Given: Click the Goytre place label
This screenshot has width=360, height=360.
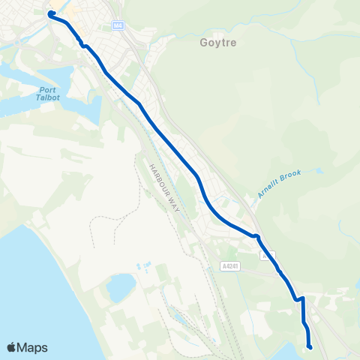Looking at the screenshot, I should [218, 43].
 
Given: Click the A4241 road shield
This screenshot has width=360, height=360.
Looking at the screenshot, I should [231, 266].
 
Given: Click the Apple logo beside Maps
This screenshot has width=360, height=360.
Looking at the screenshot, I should [12, 348].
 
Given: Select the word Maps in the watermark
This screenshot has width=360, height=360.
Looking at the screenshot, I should [33, 348].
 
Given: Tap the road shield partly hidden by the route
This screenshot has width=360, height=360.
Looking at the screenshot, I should [268, 256].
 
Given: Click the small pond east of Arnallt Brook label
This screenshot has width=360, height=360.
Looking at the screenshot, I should [319, 171].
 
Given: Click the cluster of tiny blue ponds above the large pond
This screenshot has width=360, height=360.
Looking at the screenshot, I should [142, 266].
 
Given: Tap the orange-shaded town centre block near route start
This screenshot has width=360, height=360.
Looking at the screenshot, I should [60, 10].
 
